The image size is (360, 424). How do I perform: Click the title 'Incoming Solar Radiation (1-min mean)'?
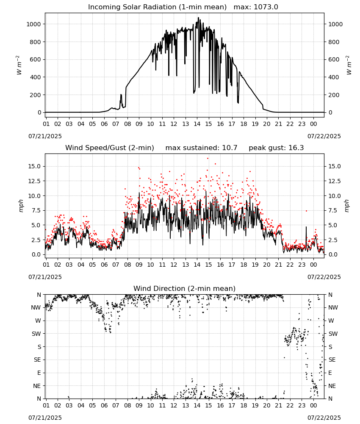pos(157,7)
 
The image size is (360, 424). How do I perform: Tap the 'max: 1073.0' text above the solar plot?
pos(256,7)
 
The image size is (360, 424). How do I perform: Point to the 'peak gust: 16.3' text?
pos(276,148)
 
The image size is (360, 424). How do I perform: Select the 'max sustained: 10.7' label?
pos(201,148)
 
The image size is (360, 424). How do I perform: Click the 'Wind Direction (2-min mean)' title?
pos(185,288)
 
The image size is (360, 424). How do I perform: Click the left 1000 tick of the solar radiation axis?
pos(33,24)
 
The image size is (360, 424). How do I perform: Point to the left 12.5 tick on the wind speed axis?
pos(35,181)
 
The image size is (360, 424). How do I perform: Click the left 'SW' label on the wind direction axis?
pos(36,334)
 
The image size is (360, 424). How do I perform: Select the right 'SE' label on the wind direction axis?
pos(332,360)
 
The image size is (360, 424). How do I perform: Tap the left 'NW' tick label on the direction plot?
pos(36,307)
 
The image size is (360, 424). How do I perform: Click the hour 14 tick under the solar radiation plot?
pos(197,124)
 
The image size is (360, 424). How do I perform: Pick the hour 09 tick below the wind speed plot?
pos(139,265)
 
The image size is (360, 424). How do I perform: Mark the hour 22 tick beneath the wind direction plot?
pos(290,405)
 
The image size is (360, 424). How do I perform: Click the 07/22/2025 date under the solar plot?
pos(324,136)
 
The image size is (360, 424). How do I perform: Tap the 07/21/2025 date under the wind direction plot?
pos(45,418)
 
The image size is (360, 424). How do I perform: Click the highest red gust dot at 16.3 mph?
pos(208,158)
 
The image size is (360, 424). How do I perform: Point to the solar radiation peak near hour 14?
pos(199,18)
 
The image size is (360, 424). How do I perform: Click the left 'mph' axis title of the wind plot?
pos(21,206)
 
